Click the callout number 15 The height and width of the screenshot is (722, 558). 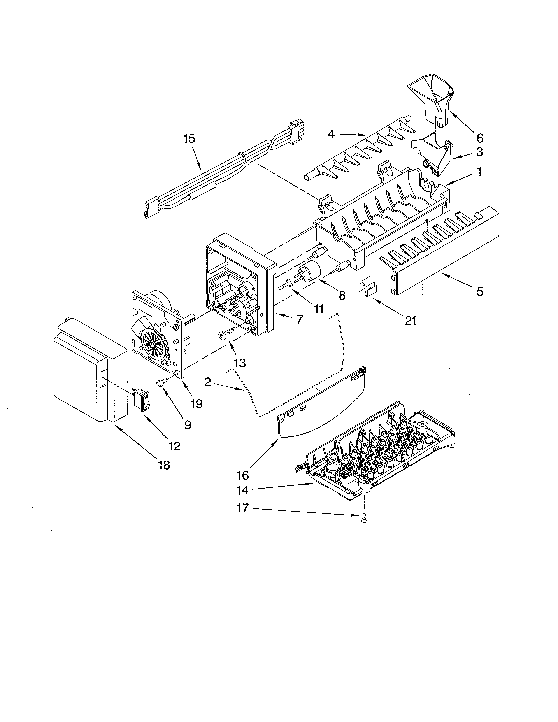tap(190, 138)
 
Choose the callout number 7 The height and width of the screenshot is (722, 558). tap(299, 319)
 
